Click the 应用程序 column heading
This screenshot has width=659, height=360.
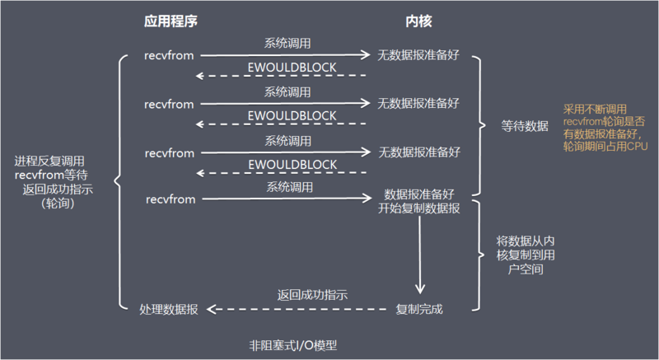point(171,19)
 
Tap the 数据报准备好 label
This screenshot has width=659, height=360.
point(419,195)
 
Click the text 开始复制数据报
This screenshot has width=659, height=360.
point(419,208)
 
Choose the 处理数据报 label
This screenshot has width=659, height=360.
point(169,310)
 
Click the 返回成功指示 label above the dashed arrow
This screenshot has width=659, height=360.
point(312,295)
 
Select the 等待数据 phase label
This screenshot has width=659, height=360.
point(524,126)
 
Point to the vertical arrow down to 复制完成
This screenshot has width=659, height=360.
point(419,255)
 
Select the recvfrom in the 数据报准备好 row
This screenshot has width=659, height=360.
point(170,199)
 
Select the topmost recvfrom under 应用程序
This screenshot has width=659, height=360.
point(170,57)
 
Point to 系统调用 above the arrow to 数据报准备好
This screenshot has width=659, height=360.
point(287,187)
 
